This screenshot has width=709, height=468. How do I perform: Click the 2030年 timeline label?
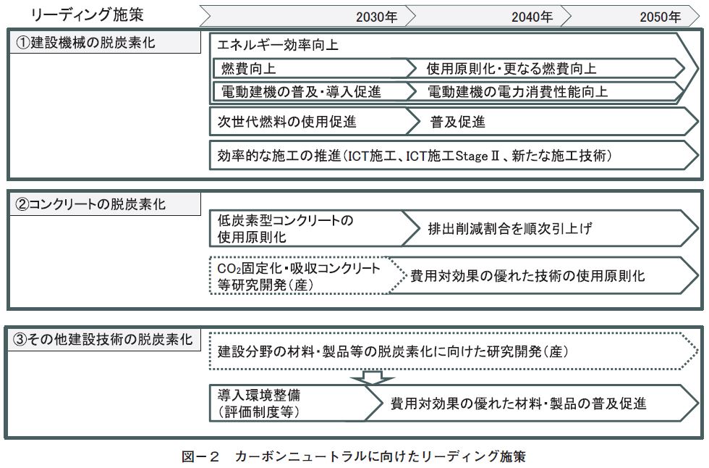(376, 17)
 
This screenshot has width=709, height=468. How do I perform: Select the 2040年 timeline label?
(532, 17)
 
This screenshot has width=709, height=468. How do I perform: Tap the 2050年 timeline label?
(660, 17)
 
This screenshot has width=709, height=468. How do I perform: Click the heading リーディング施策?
(87, 14)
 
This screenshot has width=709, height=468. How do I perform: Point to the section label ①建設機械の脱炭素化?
(86, 43)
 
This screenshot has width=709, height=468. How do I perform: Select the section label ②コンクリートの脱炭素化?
(90, 204)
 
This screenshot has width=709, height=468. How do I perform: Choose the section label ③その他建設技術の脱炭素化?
(103, 339)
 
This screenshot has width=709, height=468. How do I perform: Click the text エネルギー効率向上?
(278, 45)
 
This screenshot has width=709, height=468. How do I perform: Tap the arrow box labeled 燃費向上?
(315, 68)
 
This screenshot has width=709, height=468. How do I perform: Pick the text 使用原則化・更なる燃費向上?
(511, 68)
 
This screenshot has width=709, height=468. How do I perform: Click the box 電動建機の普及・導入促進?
(315, 91)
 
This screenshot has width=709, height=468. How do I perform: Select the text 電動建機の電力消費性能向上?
(518, 91)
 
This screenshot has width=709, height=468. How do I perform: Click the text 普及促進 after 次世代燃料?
(457, 122)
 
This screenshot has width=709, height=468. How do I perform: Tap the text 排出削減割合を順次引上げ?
(509, 228)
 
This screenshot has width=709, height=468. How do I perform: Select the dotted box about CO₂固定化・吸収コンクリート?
(307, 275)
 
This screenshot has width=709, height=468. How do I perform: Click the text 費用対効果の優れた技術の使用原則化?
(527, 275)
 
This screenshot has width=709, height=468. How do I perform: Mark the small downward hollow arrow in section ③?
(373, 377)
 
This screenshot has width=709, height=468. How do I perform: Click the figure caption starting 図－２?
(354, 456)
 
